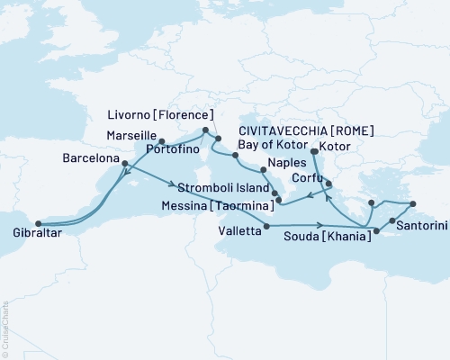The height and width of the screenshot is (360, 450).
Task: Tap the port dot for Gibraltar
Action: pos(36,224)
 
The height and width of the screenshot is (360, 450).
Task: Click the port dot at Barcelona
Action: pos(124,164)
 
